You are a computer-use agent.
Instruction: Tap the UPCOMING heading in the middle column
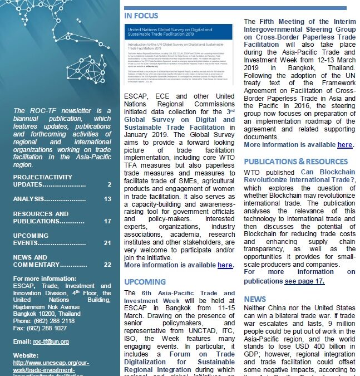pyautogui.click(x=145, y=282)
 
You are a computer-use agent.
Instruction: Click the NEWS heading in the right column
pyautogui.click(x=255, y=299)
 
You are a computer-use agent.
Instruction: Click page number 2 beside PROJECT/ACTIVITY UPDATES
pyautogui.click(x=109, y=184)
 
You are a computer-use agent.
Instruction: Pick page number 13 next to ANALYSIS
pyautogui.click(x=107, y=199)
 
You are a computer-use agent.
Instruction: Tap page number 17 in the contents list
pyautogui.click(x=107, y=221)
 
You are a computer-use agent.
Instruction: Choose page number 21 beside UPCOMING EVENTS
pyautogui.click(x=107, y=243)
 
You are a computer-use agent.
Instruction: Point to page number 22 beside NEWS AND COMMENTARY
pyautogui.click(x=107, y=265)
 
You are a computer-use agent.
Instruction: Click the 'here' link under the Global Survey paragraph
pyautogui.click(x=225, y=265)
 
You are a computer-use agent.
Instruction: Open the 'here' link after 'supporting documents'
pyautogui.click(x=345, y=145)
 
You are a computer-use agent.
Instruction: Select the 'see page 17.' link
pyautogui.click(x=304, y=281)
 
